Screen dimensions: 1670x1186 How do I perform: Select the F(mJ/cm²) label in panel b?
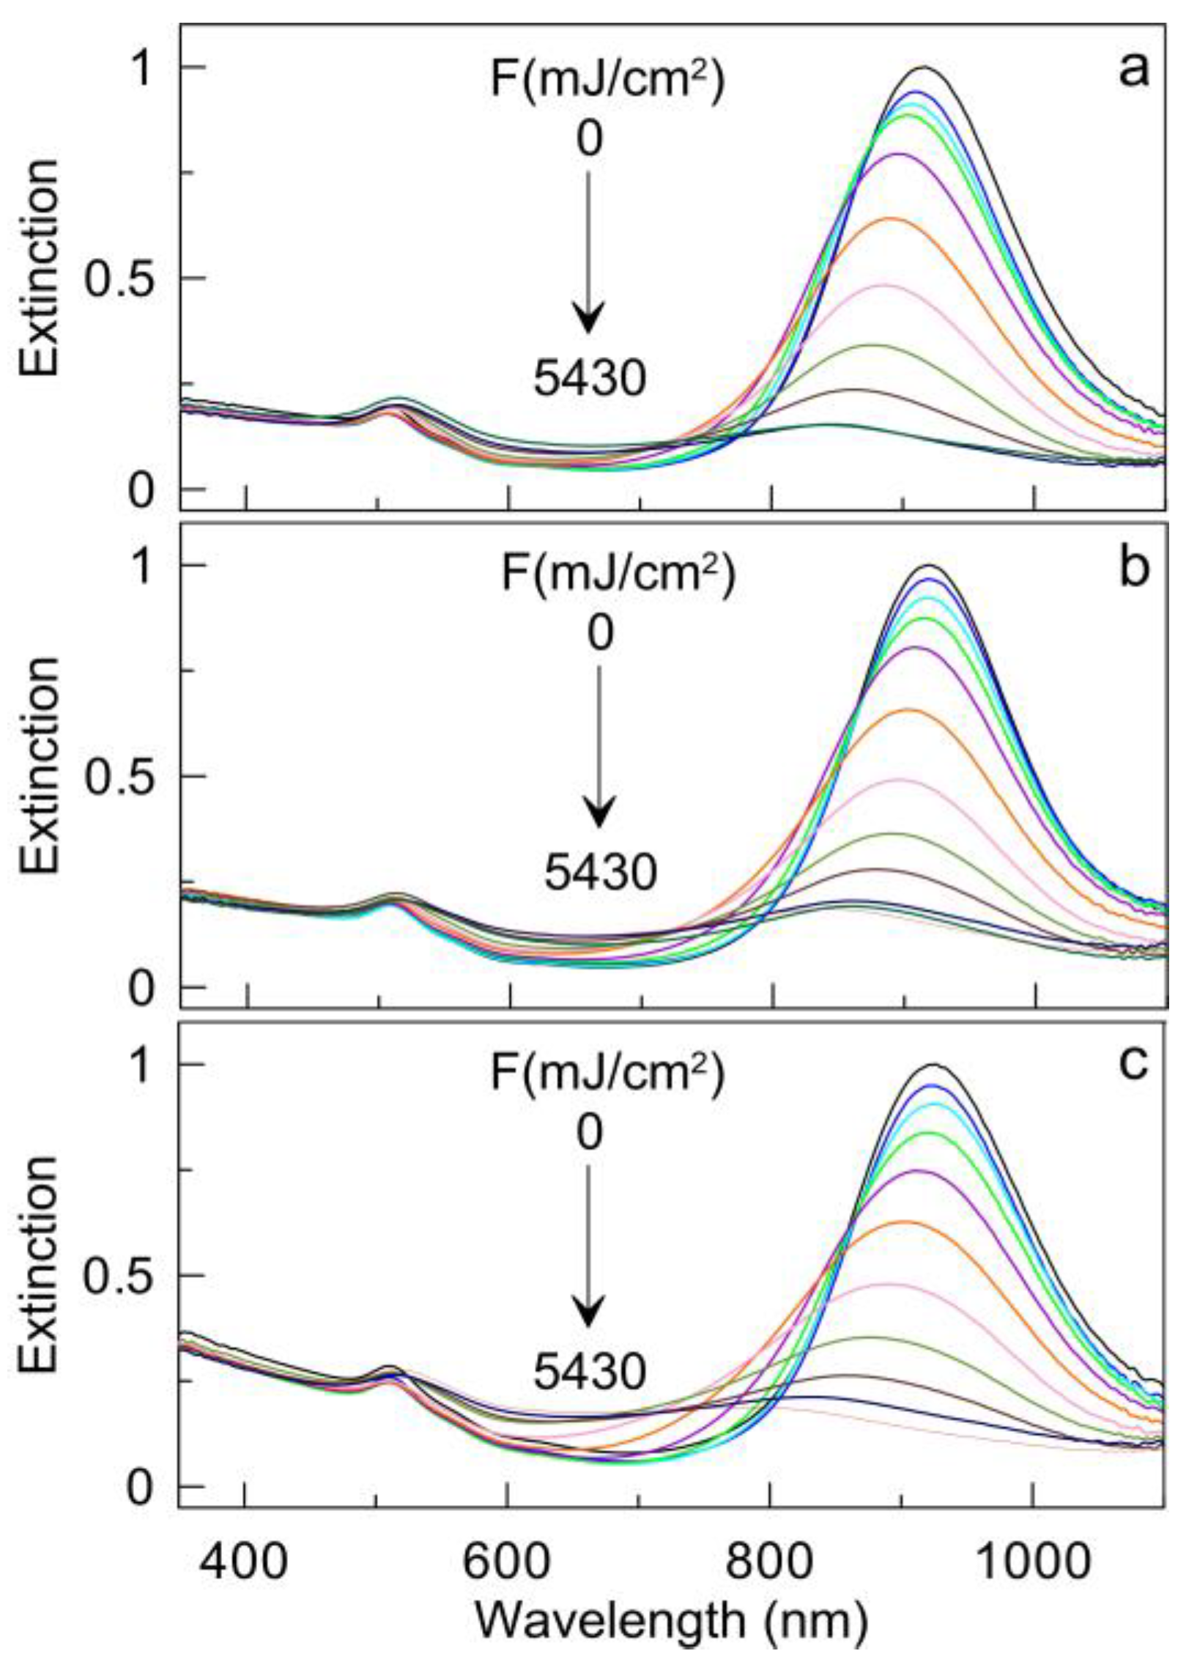pos(617,575)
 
